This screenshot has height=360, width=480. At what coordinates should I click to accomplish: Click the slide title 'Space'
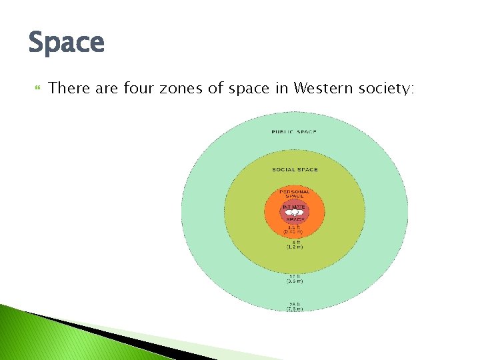tap(67, 43)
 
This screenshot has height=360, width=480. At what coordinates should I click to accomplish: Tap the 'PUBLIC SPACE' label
tap(294, 132)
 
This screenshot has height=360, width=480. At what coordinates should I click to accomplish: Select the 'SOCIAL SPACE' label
tap(295, 169)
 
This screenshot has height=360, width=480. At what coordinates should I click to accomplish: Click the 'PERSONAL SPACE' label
tap(294, 194)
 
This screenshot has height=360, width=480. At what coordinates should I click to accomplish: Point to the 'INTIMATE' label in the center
tap(294, 207)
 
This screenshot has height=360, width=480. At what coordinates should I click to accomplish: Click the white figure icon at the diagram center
tap(294, 213)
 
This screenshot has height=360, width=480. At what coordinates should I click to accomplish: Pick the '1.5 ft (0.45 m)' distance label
tap(294, 229)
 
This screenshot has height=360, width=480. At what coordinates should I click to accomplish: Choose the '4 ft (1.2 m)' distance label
tap(294, 245)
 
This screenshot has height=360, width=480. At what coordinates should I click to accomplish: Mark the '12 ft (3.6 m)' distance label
tap(294, 279)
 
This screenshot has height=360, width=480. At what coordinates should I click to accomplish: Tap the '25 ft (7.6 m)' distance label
tap(294, 307)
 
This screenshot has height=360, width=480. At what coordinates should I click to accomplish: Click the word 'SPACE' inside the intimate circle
tap(294, 219)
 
